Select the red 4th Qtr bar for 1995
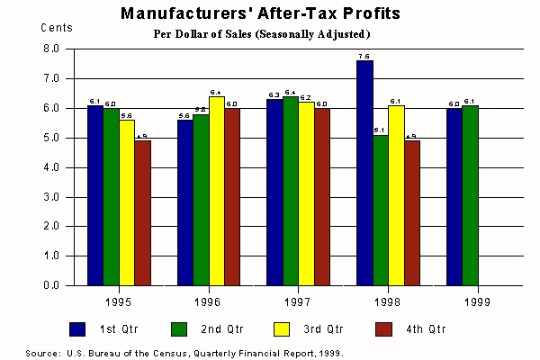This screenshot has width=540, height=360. pos(142,212)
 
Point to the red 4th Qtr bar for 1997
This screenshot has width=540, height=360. pos(322,196)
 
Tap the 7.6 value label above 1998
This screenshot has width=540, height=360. pos(364,56)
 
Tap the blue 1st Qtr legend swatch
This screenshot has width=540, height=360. pos(78,328)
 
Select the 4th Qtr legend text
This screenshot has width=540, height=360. pos(427,328)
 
